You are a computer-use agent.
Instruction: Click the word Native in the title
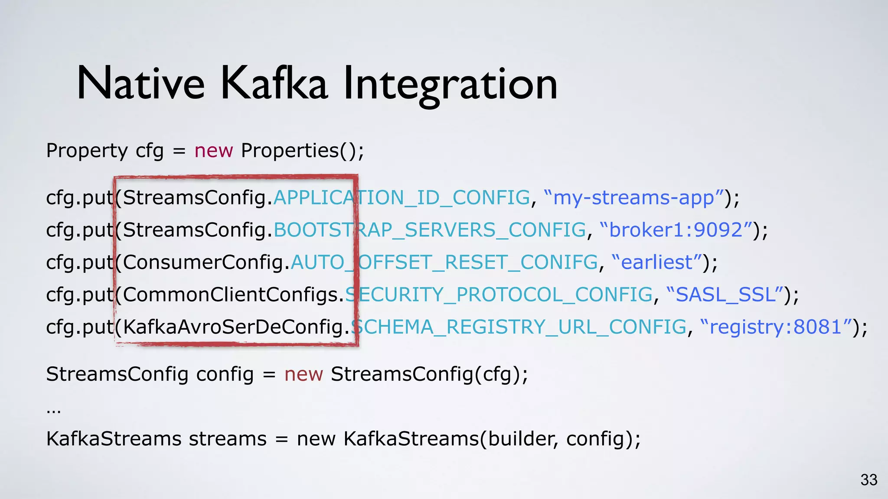[140, 84]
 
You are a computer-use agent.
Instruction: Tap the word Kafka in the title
[274, 84]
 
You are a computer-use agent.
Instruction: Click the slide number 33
[869, 480]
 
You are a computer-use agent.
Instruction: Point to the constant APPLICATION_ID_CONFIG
[402, 198]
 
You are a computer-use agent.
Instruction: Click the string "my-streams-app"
[633, 198]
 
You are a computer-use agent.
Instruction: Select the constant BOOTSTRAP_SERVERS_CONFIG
[430, 230]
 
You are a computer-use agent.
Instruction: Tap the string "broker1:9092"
[676, 230]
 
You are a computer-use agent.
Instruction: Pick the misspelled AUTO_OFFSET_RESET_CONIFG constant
[444, 262]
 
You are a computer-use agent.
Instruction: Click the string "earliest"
[656, 262]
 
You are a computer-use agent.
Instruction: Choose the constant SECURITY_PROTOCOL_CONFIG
[499, 295]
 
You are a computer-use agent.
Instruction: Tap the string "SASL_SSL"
[725, 295]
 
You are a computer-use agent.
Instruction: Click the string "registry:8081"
[776, 327]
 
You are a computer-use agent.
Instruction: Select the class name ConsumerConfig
[203, 262]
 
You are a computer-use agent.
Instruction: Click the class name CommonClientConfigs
[230, 295]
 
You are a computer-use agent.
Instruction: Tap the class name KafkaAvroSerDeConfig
[233, 327]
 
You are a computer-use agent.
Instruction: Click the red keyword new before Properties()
[214, 151]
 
